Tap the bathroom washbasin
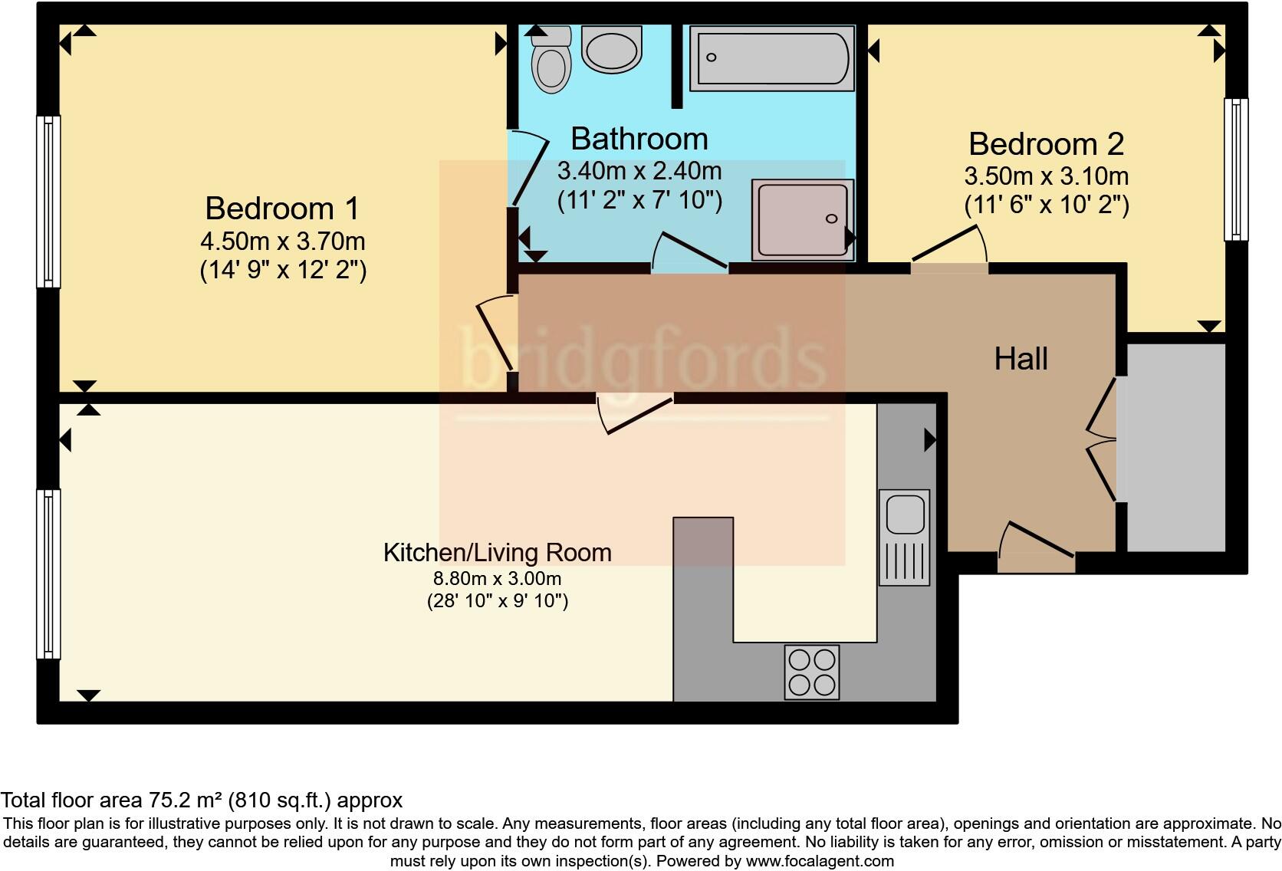click(x=611, y=51)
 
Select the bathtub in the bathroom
click(x=771, y=58)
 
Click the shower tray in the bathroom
click(x=802, y=219)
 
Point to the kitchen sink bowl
click(x=905, y=514)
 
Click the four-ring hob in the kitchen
click(x=812, y=672)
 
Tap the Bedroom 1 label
click(x=282, y=209)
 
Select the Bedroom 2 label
click(x=1046, y=144)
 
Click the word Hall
click(x=1021, y=359)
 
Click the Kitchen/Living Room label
click(x=497, y=552)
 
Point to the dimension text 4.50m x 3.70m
click(x=282, y=242)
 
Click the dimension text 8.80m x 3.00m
click(x=497, y=578)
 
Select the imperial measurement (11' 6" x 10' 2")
click(x=1046, y=205)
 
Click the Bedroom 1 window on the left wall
click(x=48, y=202)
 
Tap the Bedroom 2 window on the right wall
click(x=1235, y=169)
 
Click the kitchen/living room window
click(x=48, y=574)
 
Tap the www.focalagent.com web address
click(x=819, y=861)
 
